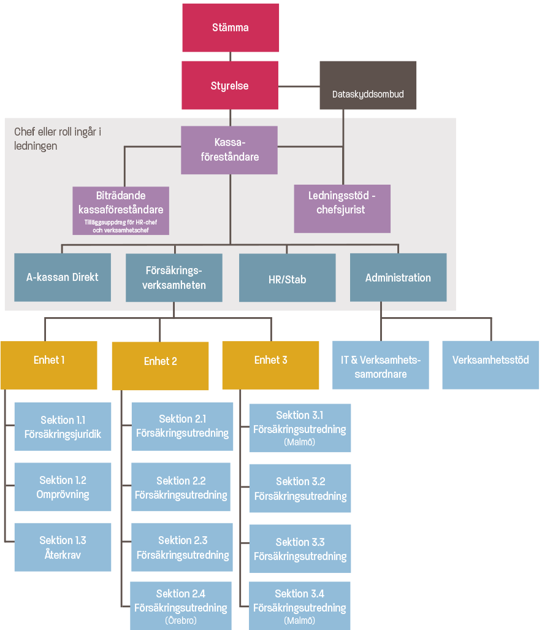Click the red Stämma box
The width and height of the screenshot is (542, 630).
coord(231,28)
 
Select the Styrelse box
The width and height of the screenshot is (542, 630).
coord(230,85)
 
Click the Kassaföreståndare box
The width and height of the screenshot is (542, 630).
coord(229,150)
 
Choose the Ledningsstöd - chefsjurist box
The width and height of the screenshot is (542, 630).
coord(342,209)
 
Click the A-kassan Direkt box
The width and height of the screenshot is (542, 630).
coord(63,277)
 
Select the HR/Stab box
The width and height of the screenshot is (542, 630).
coord(287,279)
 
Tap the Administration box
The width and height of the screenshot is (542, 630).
coord(398,277)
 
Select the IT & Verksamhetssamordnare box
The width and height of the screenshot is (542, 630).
coord(380,366)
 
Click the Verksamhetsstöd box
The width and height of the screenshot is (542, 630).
coord(490,366)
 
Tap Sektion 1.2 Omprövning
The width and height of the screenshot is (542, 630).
coord(63,487)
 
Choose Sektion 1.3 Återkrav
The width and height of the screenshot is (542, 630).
coord(63,547)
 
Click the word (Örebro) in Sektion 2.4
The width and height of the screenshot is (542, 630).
coord(181,620)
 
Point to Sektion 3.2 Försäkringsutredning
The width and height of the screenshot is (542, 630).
coord(300,488)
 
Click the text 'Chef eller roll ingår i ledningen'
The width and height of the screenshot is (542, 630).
coord(58,139)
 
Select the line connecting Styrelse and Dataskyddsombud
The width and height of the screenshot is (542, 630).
coord(299,85)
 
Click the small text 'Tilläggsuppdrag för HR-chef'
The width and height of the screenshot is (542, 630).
coord(121,222)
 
